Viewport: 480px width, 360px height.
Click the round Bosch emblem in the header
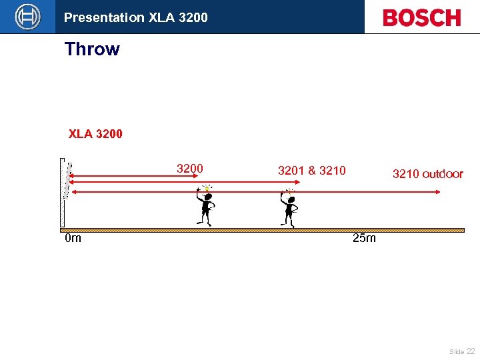(x=27, y=17)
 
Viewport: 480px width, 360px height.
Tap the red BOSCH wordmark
(x=421, y=18)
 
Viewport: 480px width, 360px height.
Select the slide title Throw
(x=92, y=49)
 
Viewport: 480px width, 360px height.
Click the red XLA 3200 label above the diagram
(x=95, y=134)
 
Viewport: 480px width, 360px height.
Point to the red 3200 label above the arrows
(x=189, y=169)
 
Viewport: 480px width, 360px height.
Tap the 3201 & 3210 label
(x=311, y=171)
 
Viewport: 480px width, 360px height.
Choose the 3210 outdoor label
(x=427, y=175)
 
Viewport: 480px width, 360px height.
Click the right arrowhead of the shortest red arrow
(x=197, y=177)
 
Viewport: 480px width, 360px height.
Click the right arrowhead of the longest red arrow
(x=437, y=192)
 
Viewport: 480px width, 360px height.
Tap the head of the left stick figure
(x=207, y=196)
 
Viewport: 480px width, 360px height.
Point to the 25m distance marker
(x=364, y=239)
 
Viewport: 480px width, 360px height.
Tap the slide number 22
(x=470, y=351)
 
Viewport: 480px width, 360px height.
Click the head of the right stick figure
(x=290, y=199)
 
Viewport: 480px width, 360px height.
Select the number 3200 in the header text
(x=193, y=18)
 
